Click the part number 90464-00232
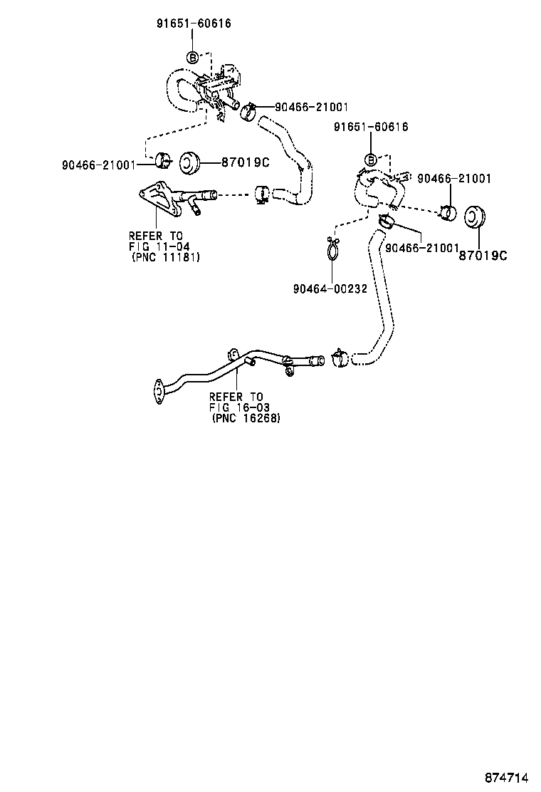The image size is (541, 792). point(330,288)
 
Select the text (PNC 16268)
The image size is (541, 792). point(246,419)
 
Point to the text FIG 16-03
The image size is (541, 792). point(238,407)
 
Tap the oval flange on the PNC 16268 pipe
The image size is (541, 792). point(157,390)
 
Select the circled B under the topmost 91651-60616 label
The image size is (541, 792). point(194,57)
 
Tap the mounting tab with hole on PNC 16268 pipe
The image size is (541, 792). point(232,355)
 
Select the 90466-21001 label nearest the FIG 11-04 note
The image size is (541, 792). point(98,165)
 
